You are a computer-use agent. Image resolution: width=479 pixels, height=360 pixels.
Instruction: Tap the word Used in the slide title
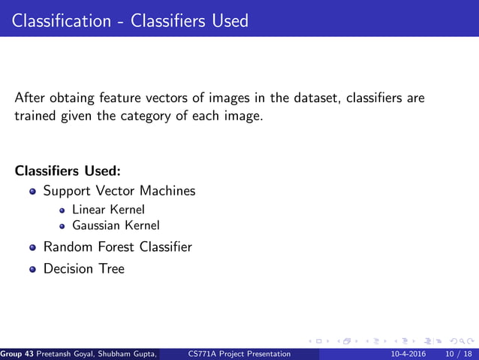point(229,20)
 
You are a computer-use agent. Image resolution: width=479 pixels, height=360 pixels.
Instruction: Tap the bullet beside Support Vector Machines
point(32,192)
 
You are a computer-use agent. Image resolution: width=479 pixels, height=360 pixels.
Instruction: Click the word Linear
point(89,210)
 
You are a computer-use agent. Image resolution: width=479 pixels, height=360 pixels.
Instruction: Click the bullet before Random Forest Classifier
point(32,247)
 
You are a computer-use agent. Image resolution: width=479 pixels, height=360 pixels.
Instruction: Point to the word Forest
point(113,247)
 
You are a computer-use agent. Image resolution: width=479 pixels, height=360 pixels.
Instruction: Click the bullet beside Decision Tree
point(32,269)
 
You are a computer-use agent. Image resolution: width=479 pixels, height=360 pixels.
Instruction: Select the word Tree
point(110,268)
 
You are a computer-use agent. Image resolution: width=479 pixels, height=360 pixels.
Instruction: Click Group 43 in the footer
point(16,354)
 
